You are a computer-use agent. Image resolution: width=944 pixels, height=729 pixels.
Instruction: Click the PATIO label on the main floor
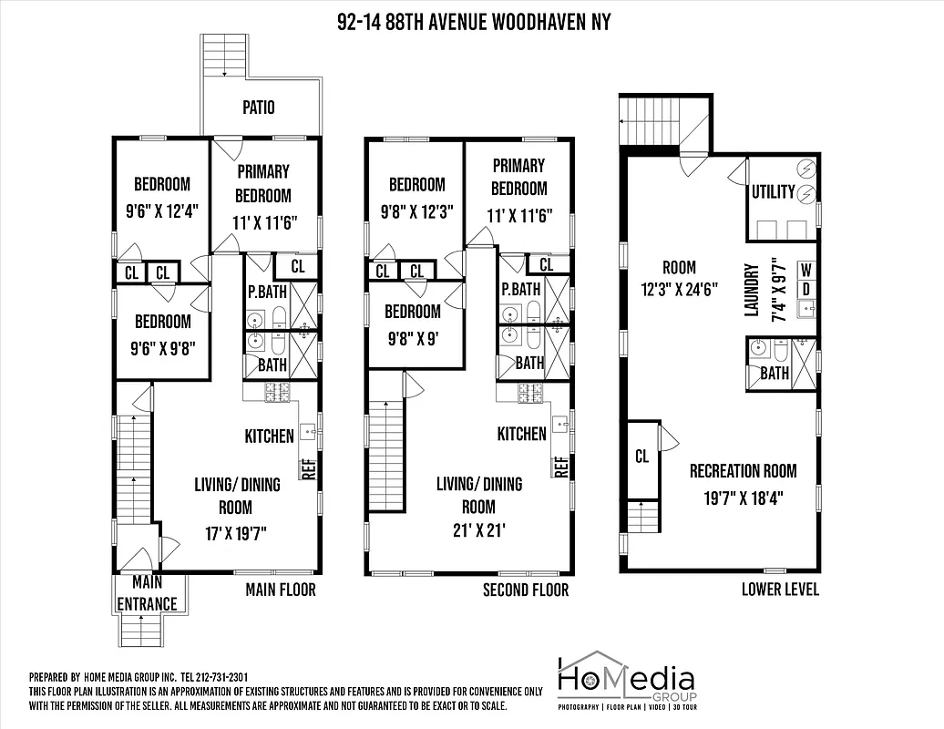258,108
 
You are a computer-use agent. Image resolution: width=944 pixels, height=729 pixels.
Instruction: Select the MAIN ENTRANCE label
147,593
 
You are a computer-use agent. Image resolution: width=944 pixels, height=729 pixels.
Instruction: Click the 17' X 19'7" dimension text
236,531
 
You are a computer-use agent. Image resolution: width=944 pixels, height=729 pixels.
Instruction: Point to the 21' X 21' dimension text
478,531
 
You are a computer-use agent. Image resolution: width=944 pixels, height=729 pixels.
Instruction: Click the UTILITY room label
773,192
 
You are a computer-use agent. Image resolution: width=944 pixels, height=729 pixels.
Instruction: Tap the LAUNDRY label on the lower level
752,290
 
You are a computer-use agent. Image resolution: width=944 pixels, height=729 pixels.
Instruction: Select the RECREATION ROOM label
743,471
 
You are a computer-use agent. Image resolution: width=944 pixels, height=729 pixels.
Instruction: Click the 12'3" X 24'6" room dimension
679,291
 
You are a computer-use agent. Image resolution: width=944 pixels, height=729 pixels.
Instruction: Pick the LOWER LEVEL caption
780,589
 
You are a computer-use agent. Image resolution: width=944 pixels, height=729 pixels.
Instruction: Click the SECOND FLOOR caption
526,590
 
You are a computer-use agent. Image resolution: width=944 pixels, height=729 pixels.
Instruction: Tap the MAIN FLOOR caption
281,590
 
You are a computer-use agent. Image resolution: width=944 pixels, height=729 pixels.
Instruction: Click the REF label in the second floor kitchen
560,467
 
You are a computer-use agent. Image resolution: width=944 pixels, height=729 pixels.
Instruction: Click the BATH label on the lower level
775,374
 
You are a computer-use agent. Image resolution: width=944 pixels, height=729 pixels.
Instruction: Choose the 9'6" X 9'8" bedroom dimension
163,347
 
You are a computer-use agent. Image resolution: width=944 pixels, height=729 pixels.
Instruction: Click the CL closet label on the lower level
641,457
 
